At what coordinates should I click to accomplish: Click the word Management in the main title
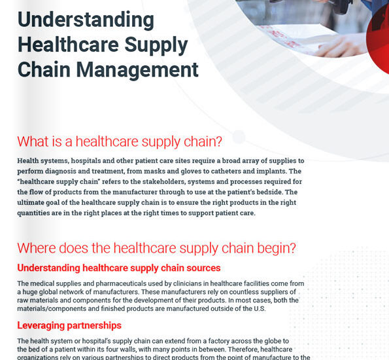tap(137, 70)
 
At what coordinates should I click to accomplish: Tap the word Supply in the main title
tap(156, 45)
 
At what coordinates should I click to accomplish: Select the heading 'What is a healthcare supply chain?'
tap(120, 141)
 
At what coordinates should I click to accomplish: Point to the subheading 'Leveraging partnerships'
tap(69, 325)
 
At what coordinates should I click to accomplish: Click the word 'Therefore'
tap(243, 350)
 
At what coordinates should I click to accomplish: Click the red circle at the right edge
tap(379, 39)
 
